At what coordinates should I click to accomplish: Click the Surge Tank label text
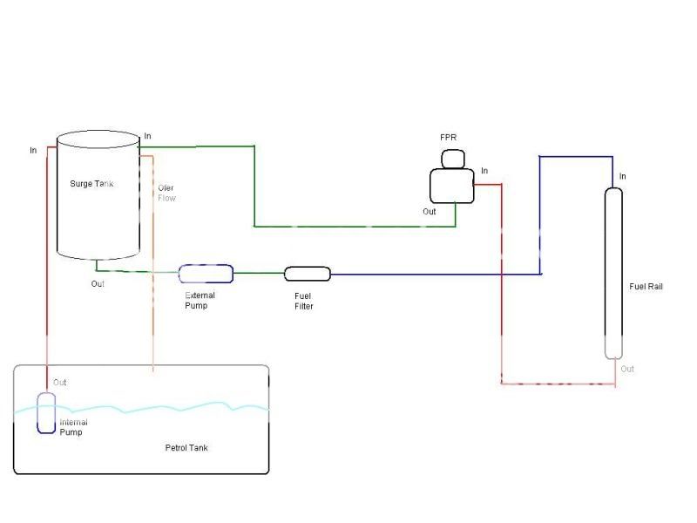pos(91,184)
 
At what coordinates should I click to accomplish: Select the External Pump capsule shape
pos(206,274)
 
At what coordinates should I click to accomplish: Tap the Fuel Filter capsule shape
pos(308,274)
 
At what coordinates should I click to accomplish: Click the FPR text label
pos(449,139)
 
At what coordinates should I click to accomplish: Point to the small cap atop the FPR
pos(454,159)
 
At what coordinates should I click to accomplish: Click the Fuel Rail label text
pos(646,286)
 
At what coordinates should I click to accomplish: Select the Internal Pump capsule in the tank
pos(46,412)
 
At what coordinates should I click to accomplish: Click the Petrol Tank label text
pos(186,448)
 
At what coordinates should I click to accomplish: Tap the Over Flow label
pos(166,193)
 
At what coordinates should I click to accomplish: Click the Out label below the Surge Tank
pos(98,284)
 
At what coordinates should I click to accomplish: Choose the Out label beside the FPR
pos(430,212)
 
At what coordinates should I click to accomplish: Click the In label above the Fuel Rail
pos(622,177)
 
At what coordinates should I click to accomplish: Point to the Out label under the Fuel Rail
pos(627,369)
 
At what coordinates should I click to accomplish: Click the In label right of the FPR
pos(484,171)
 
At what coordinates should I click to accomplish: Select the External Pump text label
pos(200,301)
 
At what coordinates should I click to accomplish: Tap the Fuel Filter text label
pos(303,302)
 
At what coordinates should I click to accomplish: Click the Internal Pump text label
pos(73,427)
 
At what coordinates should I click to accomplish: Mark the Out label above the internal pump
pos(60,383)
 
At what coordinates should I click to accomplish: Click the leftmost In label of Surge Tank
pos(33,151)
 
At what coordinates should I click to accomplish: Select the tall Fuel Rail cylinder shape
pos(614,272)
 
